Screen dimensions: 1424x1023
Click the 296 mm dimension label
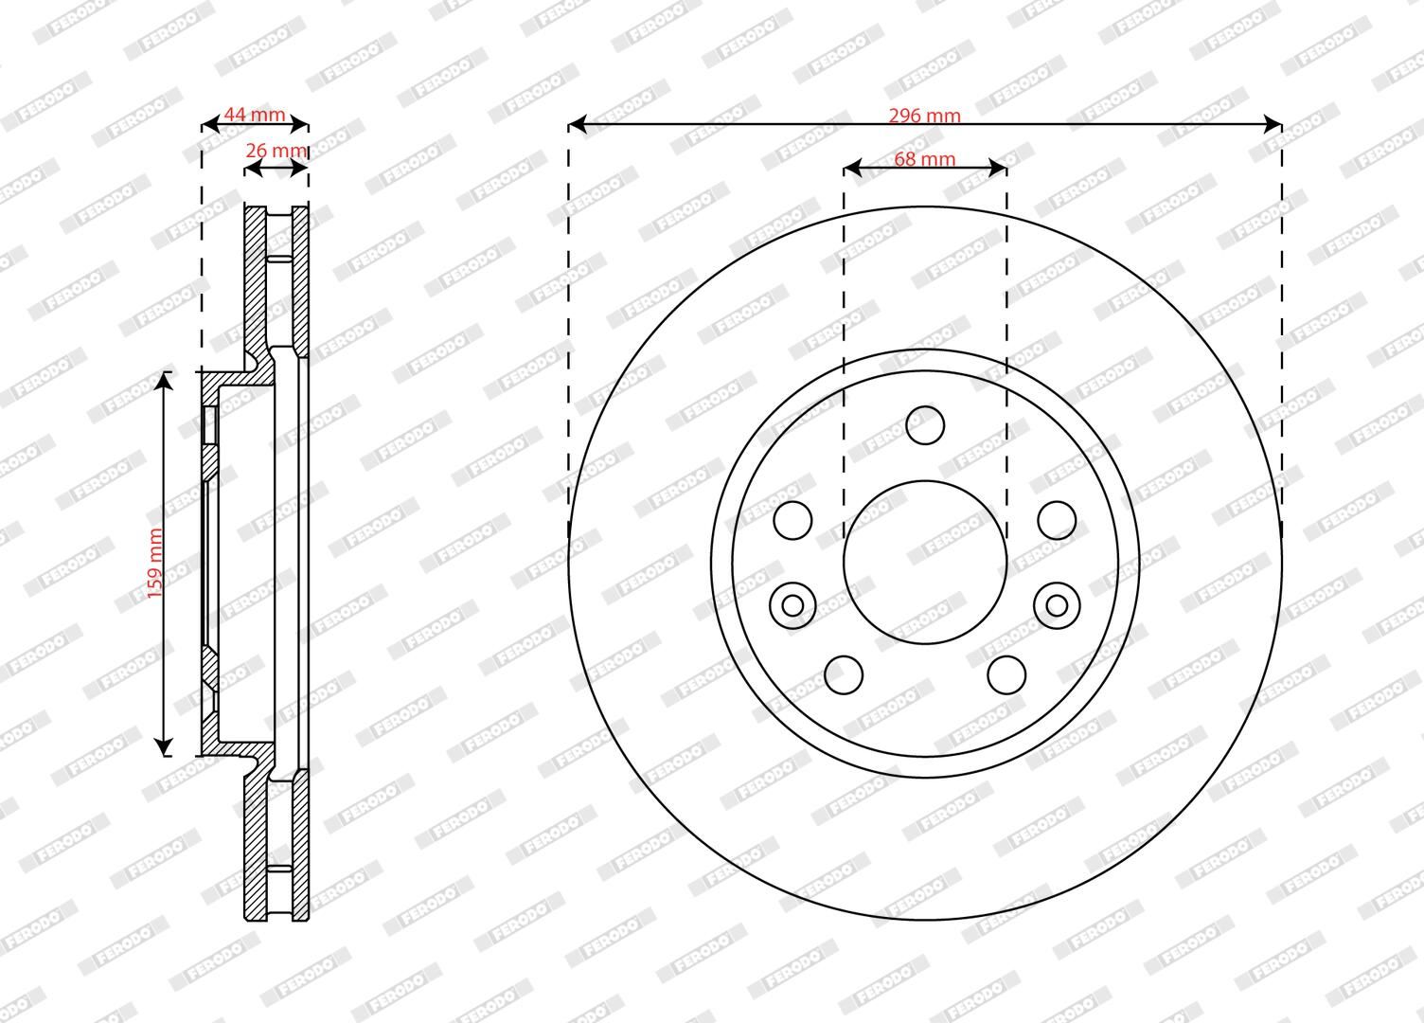click(x=924, y=116)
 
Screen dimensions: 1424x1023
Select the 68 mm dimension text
click(x=924, y=159)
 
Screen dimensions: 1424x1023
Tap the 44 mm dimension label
click(x=255, y=115)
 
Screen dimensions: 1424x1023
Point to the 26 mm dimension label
click(x=276, y=151)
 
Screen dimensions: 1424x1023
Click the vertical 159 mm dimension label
click(x=155, y=564)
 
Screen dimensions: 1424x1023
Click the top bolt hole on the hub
click(x=925, y=425)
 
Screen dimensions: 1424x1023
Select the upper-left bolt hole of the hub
click(x=792, y=521)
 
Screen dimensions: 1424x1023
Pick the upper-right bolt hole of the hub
click(x=1058, y=521)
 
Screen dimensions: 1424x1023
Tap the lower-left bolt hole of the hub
click(x=844, y=675)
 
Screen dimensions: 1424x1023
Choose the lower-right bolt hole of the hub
click(x=1007, y=675)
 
